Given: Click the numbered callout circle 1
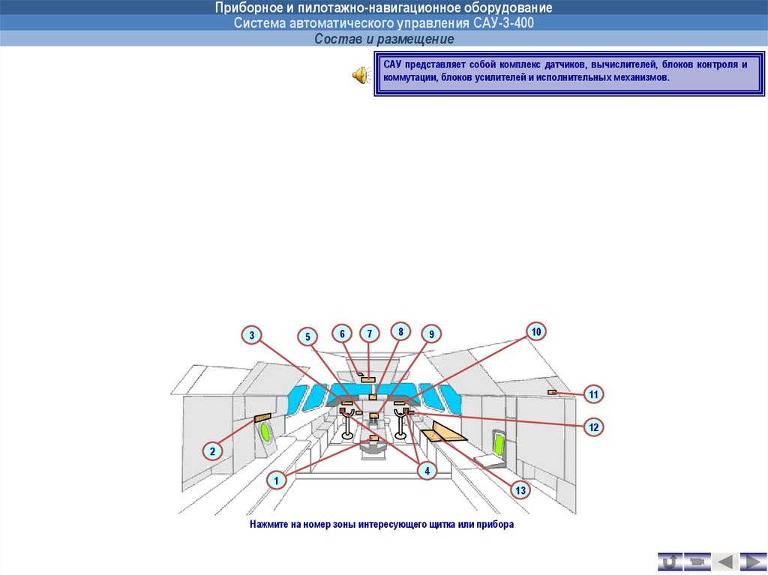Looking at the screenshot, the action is (276, 480).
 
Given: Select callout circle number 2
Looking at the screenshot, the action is (212, 451).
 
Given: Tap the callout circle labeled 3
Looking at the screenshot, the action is (252, 336).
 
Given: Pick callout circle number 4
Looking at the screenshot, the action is (427, 471).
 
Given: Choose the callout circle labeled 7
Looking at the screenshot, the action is (369, 334).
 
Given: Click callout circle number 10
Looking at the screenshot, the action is (536, 331).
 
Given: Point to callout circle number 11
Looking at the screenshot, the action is (594, 394).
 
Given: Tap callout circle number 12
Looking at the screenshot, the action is (594, 427).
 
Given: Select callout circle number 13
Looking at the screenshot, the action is (520, 490).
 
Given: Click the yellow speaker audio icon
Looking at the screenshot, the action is (361, 76).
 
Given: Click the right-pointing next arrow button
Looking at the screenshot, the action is (753, 562).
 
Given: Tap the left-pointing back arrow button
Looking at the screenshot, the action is (725, 562).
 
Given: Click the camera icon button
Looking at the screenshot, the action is (697, 562).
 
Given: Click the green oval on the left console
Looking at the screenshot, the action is (265, 432).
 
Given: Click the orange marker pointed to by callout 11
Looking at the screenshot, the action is (552, 392).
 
